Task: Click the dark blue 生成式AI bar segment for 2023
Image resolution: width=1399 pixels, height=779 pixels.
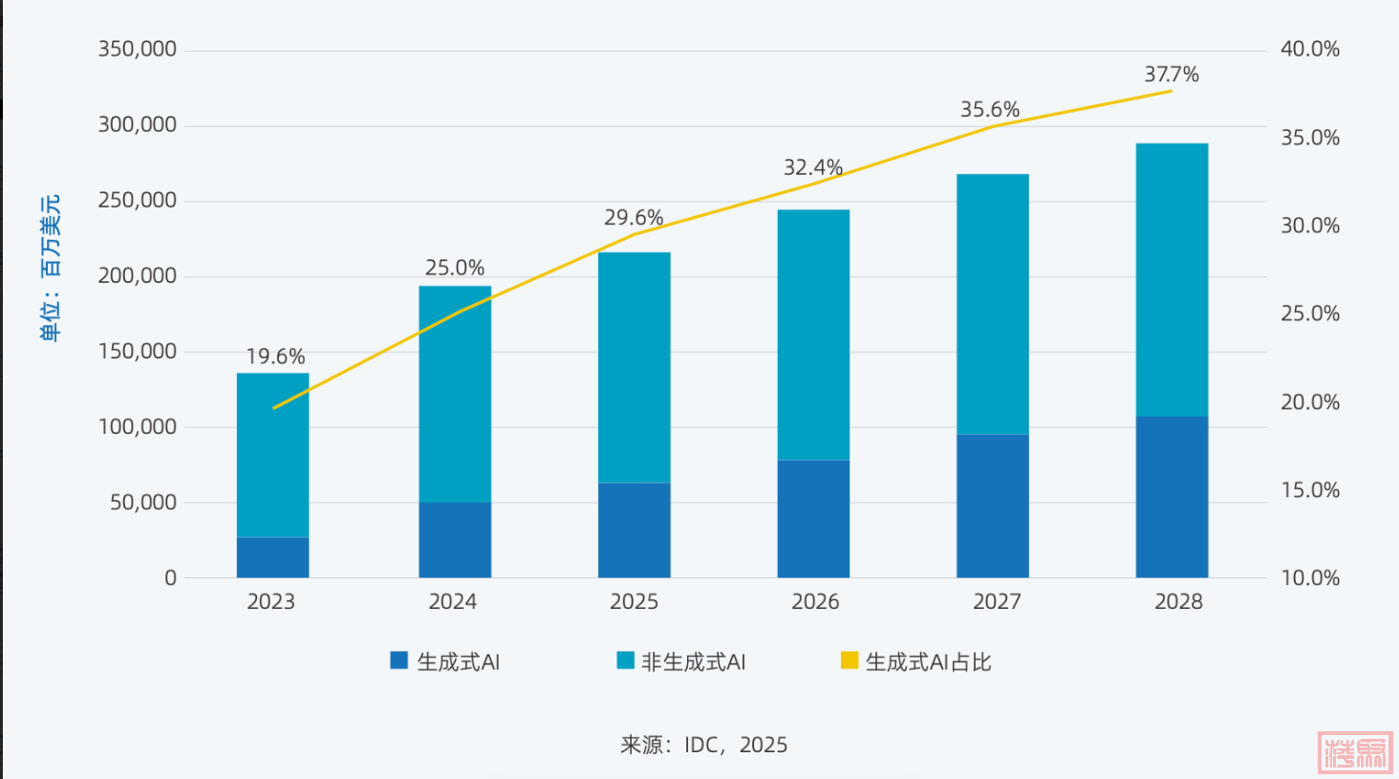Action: [272, 557]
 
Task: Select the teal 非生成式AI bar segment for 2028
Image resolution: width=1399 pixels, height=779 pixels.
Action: [1172, 279]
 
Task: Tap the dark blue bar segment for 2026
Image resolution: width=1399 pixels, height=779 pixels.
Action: [813, 519]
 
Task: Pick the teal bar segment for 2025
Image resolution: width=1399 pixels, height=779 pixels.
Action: [634, 367]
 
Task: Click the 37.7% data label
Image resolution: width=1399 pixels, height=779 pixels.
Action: [1171, 75]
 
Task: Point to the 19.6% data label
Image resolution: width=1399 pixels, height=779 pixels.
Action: [275, 357]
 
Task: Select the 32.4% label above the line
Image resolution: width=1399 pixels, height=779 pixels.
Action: [812, 167]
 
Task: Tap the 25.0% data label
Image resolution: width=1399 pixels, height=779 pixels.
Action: [454, 268]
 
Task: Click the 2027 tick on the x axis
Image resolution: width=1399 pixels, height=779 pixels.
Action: [996, 601]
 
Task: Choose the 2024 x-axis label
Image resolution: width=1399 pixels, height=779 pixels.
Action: [452, 601]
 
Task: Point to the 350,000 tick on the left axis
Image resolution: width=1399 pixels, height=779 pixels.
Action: [138, 49]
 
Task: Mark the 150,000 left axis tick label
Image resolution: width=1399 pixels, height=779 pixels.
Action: [138, 351]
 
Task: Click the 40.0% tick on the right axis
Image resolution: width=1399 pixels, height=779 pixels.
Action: [1309, 49]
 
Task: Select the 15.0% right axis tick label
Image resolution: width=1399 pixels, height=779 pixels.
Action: [1309, 490]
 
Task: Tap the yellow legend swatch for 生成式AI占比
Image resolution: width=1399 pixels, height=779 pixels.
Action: [849, 660]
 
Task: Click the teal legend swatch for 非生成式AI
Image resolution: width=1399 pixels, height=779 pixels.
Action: [625, 660]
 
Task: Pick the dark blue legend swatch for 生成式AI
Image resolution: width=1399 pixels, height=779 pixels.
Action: [398, 660]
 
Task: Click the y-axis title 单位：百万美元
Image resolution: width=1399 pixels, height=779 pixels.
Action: [50, 268]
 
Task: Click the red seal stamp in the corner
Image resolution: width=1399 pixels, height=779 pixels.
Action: [1354, 752]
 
